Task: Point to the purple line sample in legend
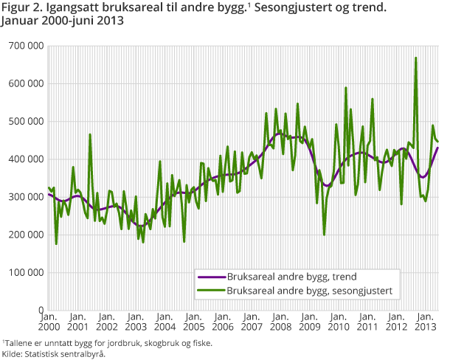tap(210, 277)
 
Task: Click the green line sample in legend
tap(210, 291)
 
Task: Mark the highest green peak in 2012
tap(416, 58)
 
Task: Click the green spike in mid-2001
tap(90, 134)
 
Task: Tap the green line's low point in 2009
tap(324, 235)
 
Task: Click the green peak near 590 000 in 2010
tap(345, 88)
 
